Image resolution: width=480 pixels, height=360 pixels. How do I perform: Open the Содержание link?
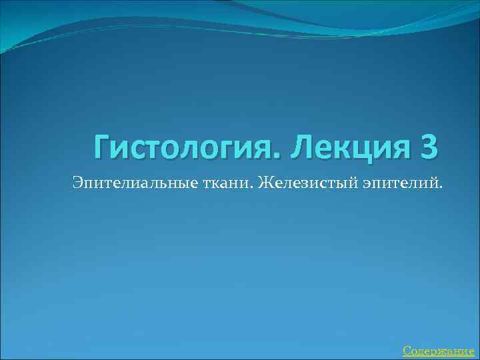pyautogui.click(x=438, y=351)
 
